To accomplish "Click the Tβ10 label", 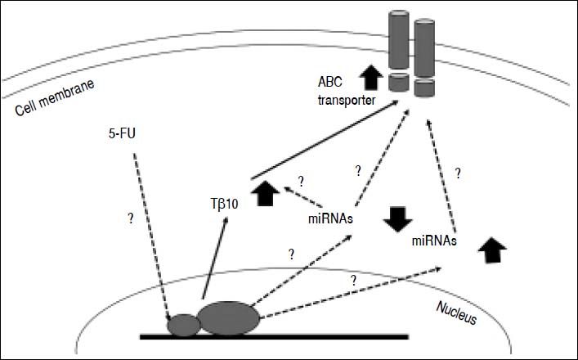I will (x=222, y=204).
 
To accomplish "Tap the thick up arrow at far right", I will (x=491, y=249).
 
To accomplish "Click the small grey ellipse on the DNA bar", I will (x=183, y=325).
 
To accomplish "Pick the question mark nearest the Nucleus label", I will (x=354, y=280).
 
